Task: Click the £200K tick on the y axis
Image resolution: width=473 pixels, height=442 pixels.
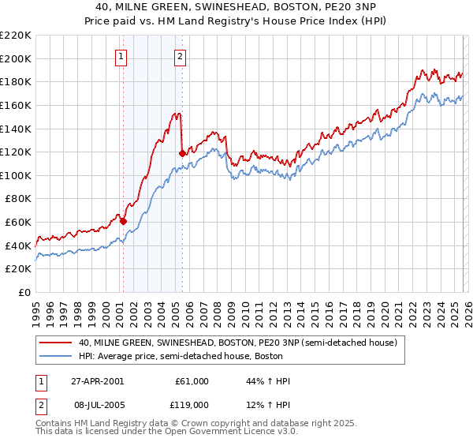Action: coord(16,58)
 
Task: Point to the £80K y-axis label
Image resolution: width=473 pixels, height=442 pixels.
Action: coord(18,199)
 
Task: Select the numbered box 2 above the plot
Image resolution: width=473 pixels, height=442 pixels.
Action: coord(181,56)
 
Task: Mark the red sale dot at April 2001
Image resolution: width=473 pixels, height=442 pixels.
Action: coord(123,221)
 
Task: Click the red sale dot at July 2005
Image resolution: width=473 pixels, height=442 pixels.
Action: coord(182,153)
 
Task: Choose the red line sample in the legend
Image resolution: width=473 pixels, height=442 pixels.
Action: coord(56,343)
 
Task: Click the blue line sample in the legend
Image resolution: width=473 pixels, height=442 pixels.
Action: coord(56,356)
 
